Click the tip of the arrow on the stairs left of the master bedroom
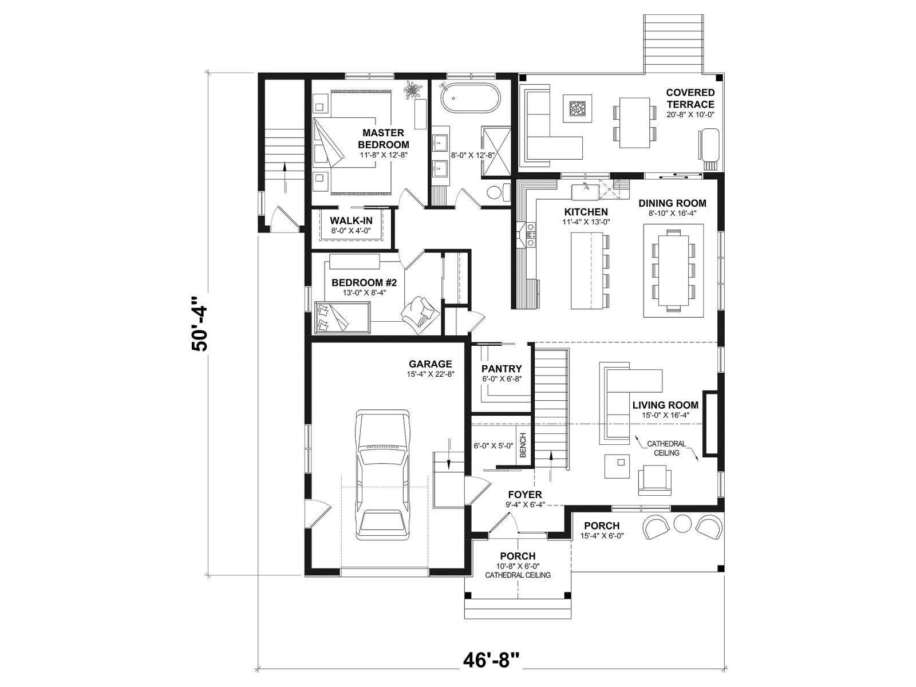(285, 163)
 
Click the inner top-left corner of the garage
(312, 343)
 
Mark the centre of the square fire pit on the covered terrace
(577, 109)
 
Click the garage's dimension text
(431, 374)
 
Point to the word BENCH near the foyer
(523, 445)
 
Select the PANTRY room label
(502, 369)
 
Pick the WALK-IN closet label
(351, 220)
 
